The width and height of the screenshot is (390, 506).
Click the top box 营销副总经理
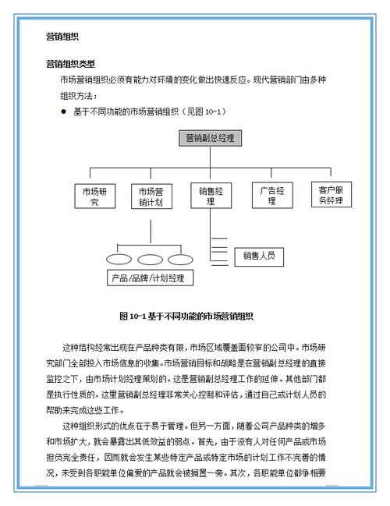coord(210,138)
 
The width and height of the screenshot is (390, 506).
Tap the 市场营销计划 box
coord(151,196)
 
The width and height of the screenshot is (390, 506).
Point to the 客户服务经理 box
coord(331,194)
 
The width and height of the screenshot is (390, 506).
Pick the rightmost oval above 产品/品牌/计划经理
coord(180,259)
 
